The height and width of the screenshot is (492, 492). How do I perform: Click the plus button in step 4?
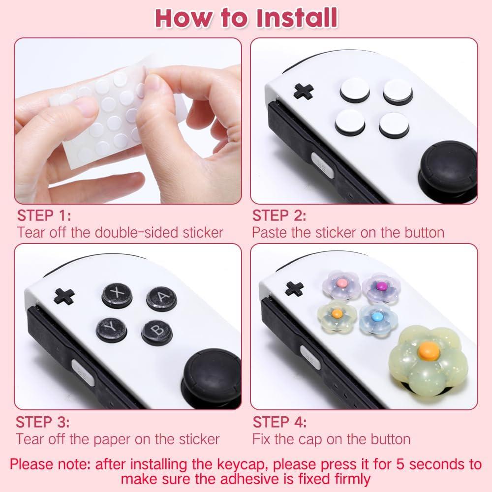click(295, 288)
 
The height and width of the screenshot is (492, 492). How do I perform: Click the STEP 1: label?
click(44, 216)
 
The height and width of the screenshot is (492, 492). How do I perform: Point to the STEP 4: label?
click(279, 422)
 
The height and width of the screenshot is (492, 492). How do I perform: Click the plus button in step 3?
click(64, 295)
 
